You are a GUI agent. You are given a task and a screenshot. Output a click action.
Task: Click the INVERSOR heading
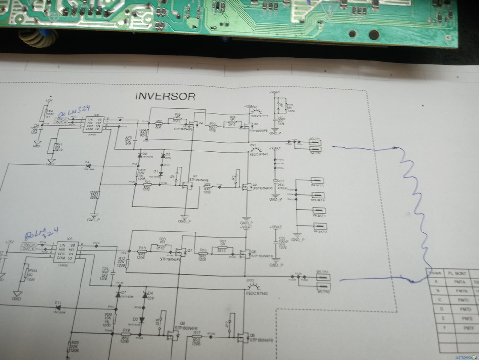click(165, 96)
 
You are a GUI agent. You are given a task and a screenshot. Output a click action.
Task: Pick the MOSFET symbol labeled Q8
click(172, 334)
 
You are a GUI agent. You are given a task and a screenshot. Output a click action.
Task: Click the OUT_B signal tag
click(30, 248)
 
